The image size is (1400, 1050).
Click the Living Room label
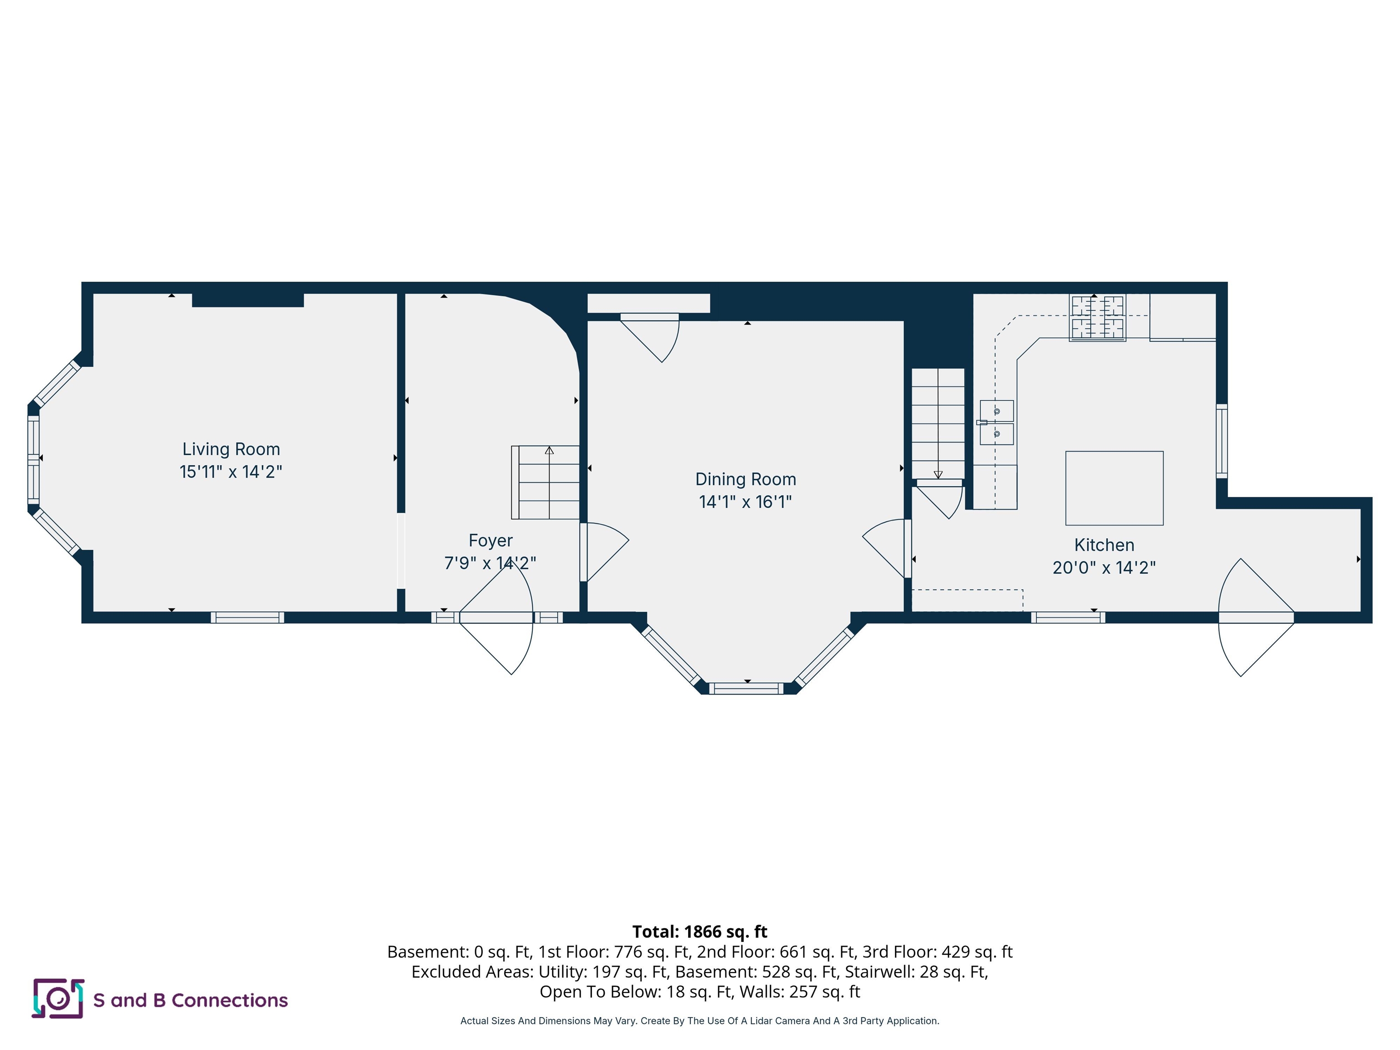click(231, 449)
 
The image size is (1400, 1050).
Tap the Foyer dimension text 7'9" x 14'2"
click(490, 563)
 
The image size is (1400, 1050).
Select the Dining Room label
click(746, 479)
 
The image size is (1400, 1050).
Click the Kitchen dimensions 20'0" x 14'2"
click(1104, 567)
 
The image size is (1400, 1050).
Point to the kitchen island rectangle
click(1114, 488)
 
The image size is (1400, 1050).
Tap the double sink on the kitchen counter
click(996, 422)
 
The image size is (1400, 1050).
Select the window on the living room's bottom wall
click(247, 618)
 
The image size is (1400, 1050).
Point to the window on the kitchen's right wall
click(1221, 441)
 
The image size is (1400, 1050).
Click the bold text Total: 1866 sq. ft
click(700, 932)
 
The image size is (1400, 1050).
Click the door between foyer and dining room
click(601, 551)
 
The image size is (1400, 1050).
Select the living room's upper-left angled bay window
click(57, 384)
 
